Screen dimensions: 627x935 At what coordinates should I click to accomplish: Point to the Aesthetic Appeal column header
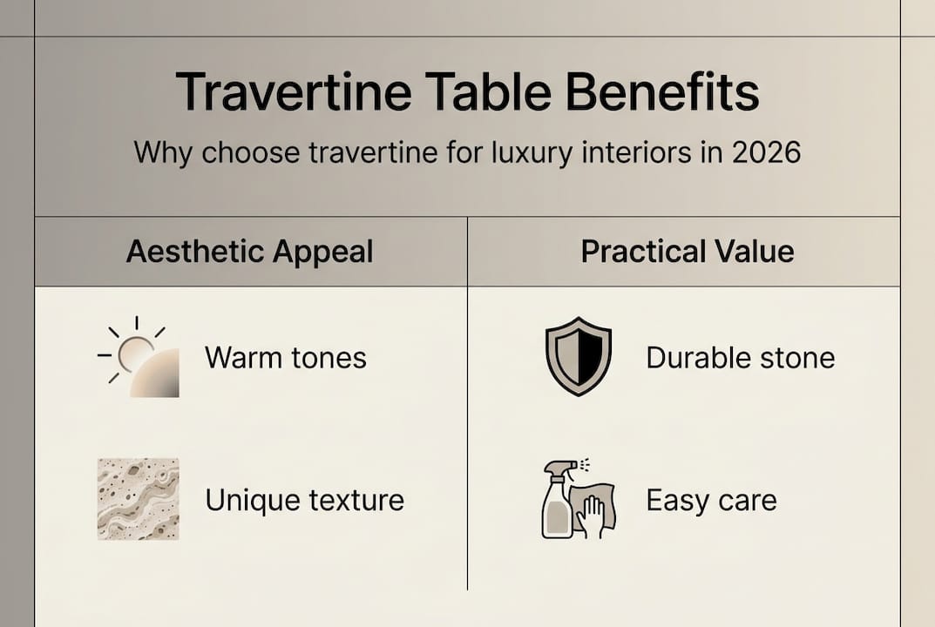(249, 252)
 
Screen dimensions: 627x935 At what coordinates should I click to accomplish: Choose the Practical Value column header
(688, 252)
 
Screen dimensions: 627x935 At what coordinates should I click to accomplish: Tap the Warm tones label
(286, 358)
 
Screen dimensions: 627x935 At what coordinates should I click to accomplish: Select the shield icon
(578, 357)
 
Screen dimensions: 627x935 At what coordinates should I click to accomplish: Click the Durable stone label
(740, 358)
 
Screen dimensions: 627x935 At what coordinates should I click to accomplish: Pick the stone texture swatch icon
(138, 499)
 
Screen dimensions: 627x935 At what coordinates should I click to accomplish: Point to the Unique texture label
(304, 501)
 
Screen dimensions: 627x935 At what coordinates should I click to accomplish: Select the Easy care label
(710, 501)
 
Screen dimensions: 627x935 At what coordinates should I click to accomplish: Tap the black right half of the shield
(590, 355)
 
